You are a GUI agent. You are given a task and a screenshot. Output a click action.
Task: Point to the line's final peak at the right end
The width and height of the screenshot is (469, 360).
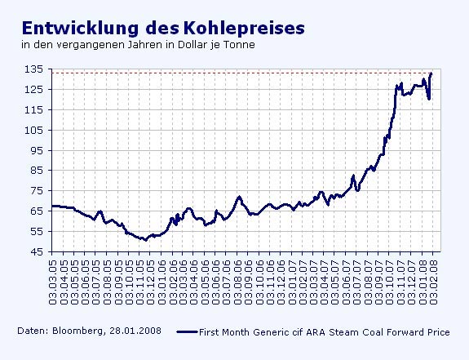tap(431, 73)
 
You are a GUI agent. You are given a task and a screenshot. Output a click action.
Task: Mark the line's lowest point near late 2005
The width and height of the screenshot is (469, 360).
tap(144, 240)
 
